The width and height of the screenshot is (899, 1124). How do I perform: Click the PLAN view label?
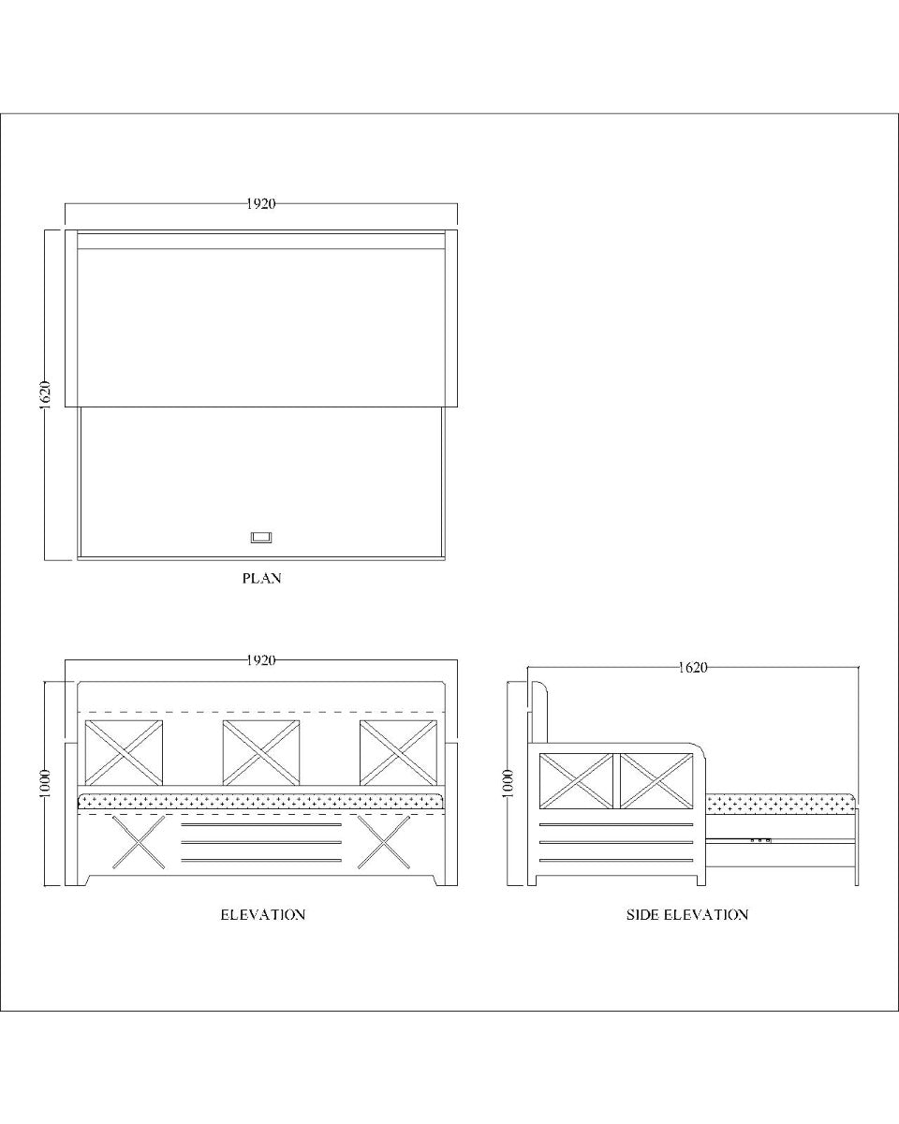(261, 579)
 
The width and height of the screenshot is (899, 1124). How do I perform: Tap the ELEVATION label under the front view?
(262, 914)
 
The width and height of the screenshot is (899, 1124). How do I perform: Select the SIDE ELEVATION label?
(686, 914)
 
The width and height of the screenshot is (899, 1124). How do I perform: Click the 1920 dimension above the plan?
(261, 204)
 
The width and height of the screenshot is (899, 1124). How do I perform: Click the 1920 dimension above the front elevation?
(261, 660)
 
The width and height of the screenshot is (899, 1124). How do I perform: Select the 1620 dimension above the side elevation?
(692, 668)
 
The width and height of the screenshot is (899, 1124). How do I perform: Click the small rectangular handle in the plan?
(260, 538)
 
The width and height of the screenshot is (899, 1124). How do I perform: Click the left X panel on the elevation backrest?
(124, 752)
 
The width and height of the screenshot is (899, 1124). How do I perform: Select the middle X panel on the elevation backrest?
(260, 752)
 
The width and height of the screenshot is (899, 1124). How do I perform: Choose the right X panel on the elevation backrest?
(397, 752)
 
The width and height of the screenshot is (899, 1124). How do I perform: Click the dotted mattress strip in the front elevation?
(260, 802)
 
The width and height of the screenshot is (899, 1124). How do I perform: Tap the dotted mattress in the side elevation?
(780, 804)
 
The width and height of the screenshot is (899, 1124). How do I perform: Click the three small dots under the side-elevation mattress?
(759, 840)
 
